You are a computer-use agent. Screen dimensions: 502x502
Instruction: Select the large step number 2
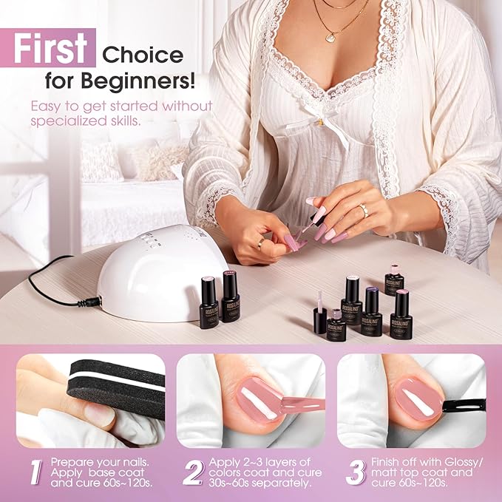click(193, 472)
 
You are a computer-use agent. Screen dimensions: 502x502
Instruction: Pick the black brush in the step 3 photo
click(462, 404)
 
